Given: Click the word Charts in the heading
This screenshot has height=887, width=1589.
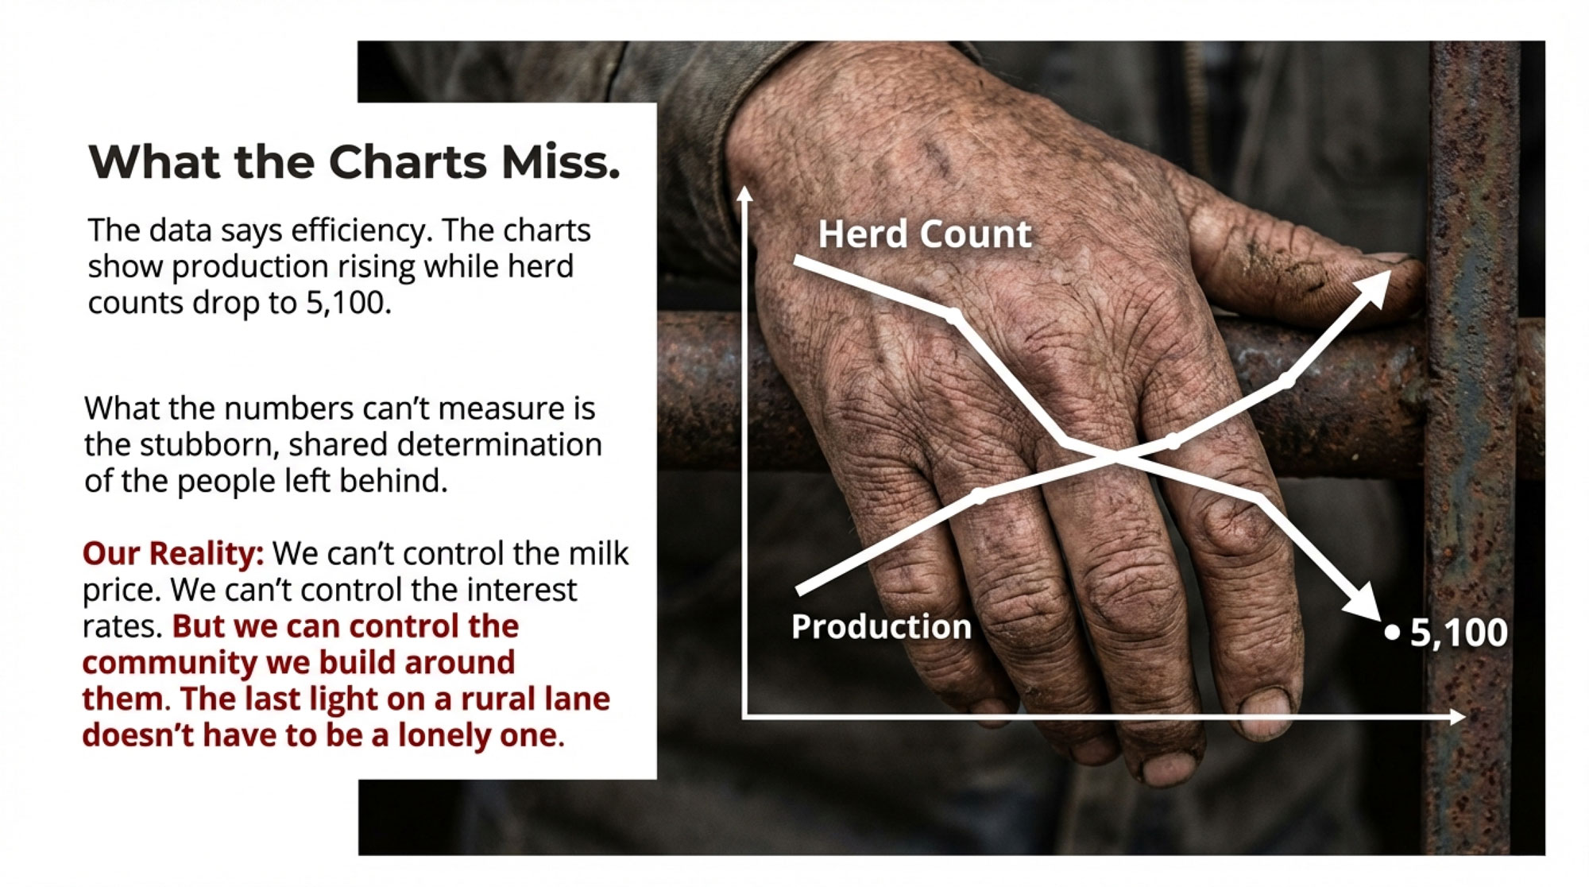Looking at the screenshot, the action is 408,162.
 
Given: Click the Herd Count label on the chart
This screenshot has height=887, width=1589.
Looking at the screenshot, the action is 925,234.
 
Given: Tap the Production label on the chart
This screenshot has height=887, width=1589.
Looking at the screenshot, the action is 881,627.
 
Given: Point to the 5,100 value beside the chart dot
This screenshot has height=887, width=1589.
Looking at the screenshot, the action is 1459,633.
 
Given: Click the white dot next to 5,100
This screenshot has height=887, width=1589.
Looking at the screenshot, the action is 1391,633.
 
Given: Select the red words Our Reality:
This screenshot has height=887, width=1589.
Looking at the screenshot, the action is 173,553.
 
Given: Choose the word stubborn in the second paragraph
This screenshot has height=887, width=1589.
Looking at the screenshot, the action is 210,444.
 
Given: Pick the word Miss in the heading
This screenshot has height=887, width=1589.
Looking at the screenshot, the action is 560,162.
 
